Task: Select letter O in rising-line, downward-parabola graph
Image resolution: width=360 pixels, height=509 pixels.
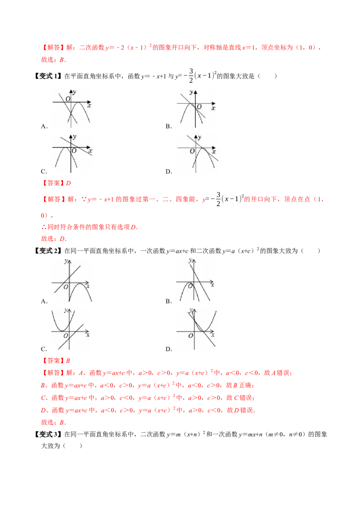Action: (x=66, y=287)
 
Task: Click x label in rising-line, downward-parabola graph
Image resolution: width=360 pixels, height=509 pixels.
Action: (x=88, y=286)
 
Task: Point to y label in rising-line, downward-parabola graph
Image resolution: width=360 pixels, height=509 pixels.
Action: (x=66, y=261)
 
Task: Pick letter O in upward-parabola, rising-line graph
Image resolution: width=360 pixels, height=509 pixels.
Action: (x=66, y=335)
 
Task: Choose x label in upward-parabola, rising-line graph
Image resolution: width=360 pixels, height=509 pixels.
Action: (x=88, y=335)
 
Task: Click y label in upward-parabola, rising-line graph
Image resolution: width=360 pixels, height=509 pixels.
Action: (x=66, y=310)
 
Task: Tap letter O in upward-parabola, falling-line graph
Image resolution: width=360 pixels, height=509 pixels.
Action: (x=191, y=335)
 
